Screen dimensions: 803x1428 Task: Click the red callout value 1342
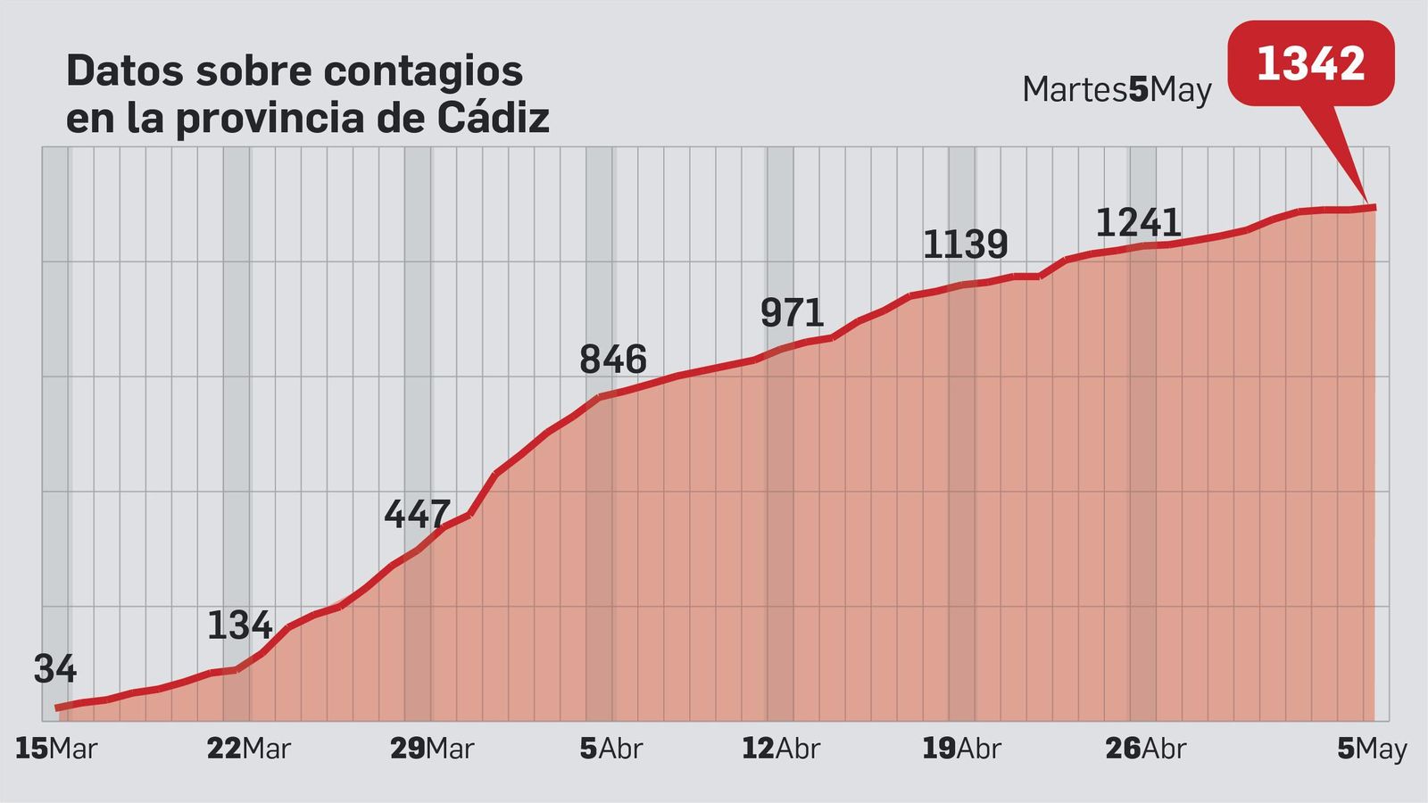coord(1310,63)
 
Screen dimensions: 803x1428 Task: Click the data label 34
coord(55,669)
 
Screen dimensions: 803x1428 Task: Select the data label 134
coord(239,625)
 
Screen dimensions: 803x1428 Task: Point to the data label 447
coord(417,514)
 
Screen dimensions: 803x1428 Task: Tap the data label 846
coord(612,360)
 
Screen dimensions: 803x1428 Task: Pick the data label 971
coord(792,313)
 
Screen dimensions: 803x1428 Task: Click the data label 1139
coord(965,244)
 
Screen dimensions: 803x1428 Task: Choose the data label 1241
coord(1138,223)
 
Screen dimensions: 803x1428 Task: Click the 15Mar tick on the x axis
coord(55,749)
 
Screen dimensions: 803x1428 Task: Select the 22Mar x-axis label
coord(248,749)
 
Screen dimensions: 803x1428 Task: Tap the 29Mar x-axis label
coord(431,749)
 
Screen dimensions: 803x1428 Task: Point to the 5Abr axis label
coord(610,749)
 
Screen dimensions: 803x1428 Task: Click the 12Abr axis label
coord(780,749)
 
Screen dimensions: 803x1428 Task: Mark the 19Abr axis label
coord(961,749)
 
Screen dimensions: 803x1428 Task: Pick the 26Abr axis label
coord(1145,749)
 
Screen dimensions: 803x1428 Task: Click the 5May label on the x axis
coord(1372,749)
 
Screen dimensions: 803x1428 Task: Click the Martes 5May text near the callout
coord(1117,90)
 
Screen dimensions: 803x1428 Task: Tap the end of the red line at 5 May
coord(1374,208)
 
